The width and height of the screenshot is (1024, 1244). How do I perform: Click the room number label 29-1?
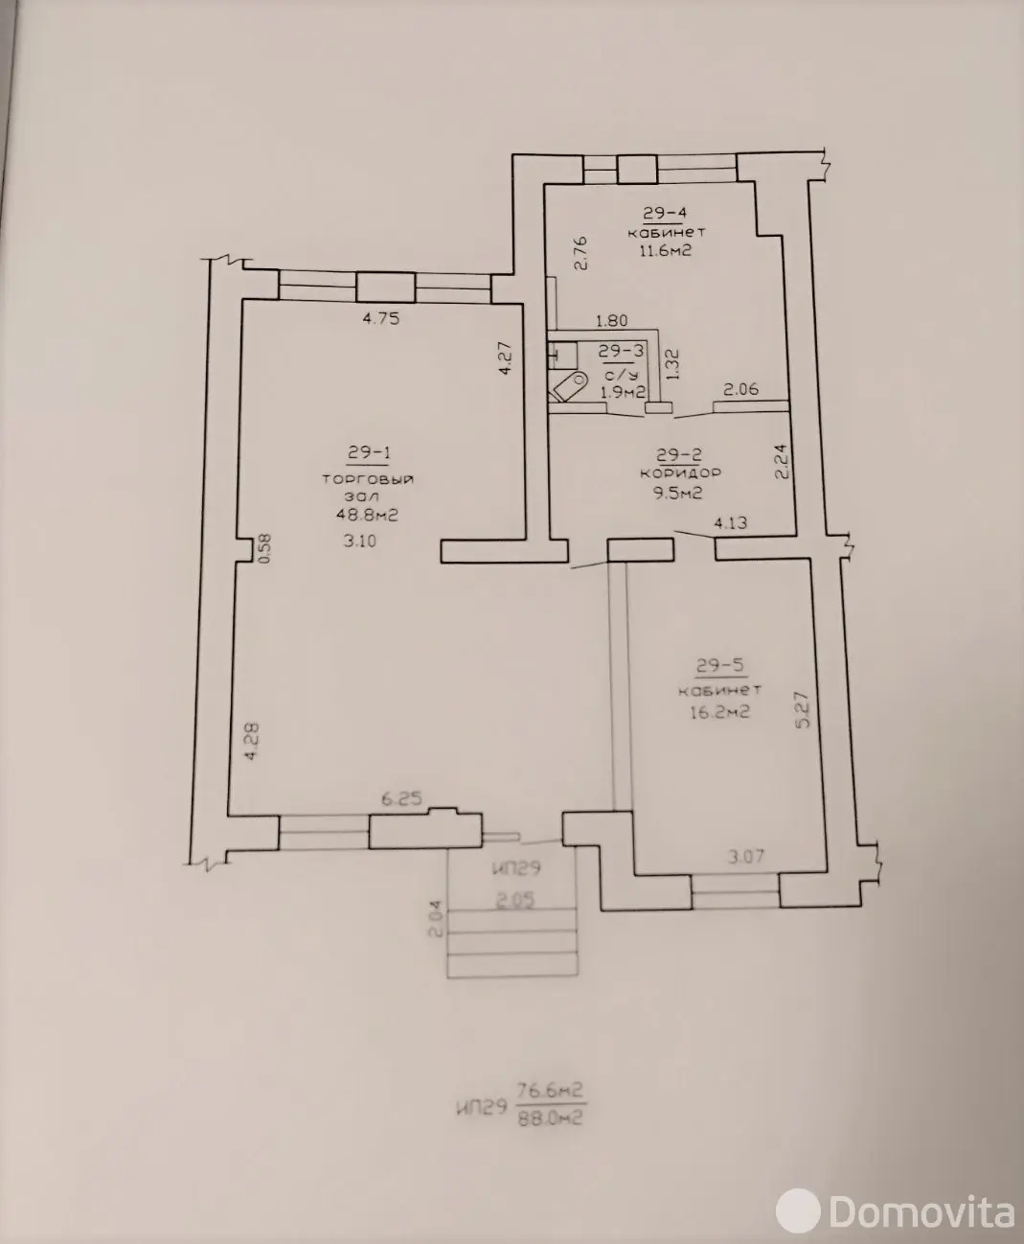tap(368, 452)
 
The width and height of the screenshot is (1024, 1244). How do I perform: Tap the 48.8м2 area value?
tap(367, 515)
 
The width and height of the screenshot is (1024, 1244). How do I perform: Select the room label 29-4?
tap(664, 213)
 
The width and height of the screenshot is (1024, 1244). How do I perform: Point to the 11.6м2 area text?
tap(666, 250)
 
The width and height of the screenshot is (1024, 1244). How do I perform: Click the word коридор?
tap(680, 473)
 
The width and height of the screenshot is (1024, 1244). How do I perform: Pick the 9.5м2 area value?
tap(677, 493)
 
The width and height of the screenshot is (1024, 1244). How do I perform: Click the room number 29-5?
tap(720, 665)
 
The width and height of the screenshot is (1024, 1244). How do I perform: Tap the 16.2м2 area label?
tap(719, 711)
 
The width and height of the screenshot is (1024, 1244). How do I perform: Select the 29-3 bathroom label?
tap(622, 351)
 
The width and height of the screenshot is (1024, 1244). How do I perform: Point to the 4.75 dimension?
tap(380, 318)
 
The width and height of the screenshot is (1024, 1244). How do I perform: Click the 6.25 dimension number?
tap(401, 798)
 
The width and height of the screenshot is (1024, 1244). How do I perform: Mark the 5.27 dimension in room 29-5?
tap(803, 709)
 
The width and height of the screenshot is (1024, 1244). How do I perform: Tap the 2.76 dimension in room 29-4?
tap(580, 253)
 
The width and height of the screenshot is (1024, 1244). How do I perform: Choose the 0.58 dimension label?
tap(265, 548)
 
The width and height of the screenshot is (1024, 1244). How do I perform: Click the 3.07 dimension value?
tap(746, 857)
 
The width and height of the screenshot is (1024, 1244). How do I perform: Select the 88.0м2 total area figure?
tap(550, 1118)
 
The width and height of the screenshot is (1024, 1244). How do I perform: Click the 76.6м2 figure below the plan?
tap(549, 1090)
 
